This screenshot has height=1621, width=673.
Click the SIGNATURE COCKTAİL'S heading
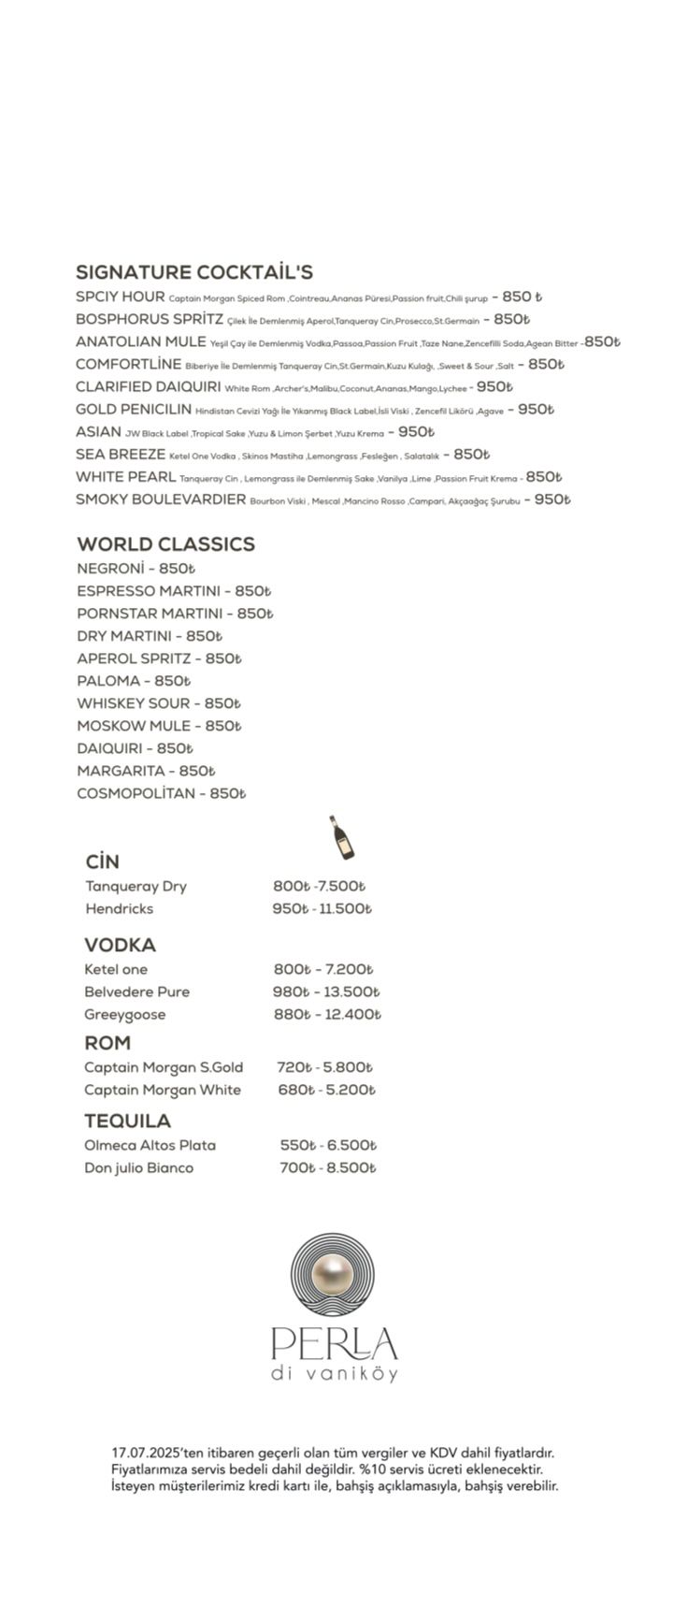194,272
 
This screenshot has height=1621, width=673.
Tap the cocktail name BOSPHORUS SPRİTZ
150,319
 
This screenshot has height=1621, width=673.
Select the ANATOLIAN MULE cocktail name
140,341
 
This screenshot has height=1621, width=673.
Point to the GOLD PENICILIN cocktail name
134,409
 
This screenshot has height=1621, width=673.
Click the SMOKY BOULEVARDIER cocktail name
161,499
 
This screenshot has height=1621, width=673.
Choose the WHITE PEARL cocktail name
125,477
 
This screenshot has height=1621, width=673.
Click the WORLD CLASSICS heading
165,543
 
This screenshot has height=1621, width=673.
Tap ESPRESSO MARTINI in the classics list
149,591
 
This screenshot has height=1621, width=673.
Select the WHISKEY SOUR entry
133,703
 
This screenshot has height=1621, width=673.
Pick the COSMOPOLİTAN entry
136,793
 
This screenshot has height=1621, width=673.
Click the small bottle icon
341,836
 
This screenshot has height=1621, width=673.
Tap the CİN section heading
102,861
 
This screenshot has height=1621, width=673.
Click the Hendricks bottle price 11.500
345,909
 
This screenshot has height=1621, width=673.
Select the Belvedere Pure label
136,991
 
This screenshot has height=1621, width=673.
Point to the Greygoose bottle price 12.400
351,1015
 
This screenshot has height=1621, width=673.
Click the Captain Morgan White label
162,1090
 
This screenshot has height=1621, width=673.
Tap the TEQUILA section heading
127,1121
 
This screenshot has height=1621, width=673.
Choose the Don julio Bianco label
138,1167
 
